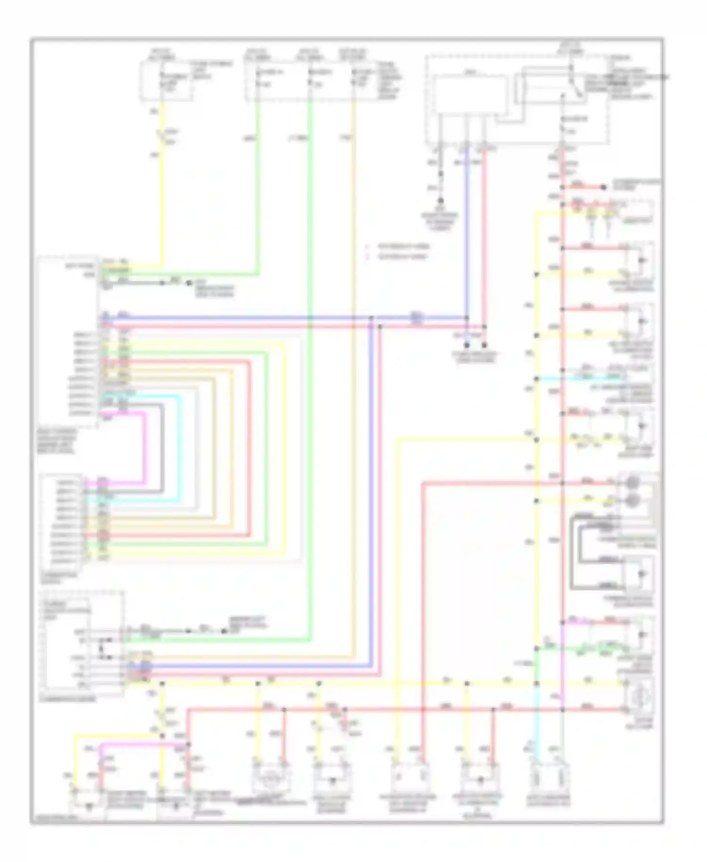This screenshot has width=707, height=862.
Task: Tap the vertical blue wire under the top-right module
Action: click(x=467, y=236)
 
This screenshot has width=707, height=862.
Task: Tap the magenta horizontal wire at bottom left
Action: click(x=137, y=746)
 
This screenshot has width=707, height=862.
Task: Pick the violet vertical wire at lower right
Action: click(x=562, y=670)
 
